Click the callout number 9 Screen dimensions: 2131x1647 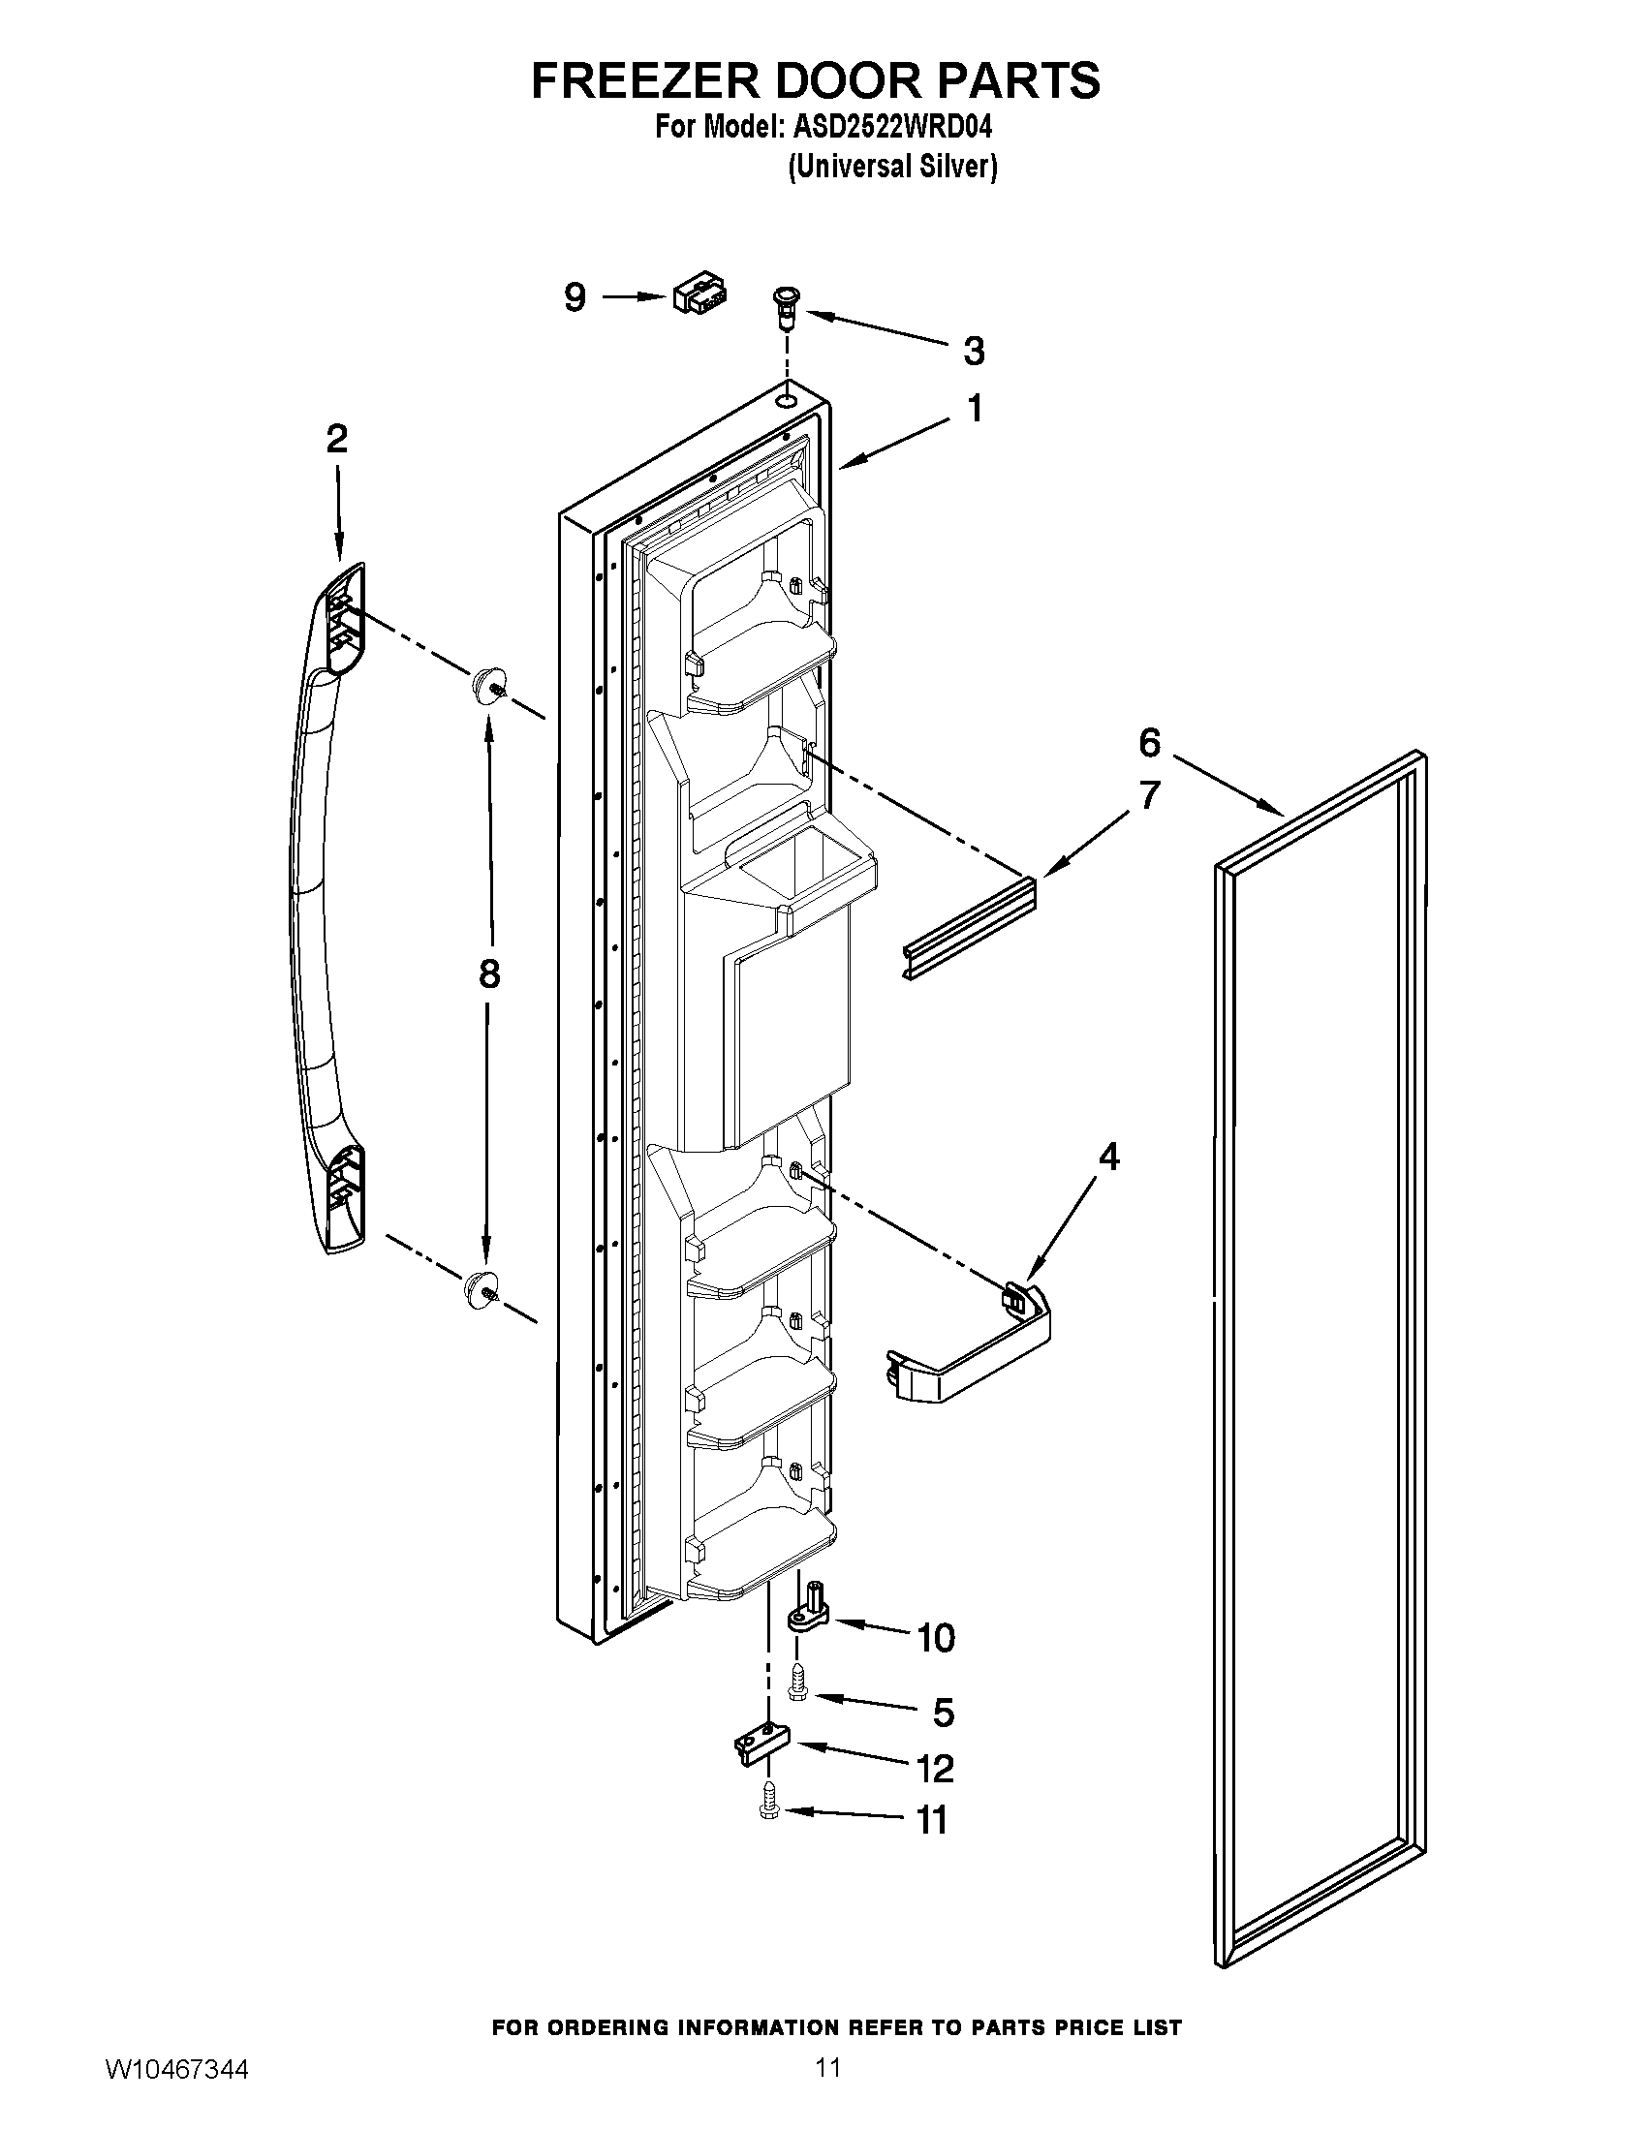[575, 296]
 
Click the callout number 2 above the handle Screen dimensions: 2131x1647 [336, 440]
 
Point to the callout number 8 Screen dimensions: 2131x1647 [489, 973]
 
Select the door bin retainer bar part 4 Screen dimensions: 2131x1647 [972, 1349]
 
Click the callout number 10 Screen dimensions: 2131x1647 [936, 1638]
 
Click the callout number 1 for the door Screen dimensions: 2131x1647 [974, 409]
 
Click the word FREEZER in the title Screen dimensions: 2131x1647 [643, 80]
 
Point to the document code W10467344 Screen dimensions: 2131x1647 [176, 2091]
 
